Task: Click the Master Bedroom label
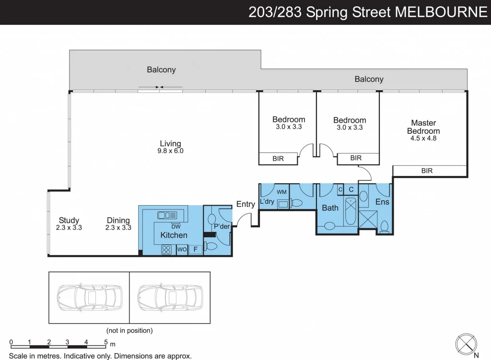point(423,127)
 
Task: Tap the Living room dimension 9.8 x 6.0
point(170,151)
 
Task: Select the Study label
point(69,221)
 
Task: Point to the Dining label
point(118,221)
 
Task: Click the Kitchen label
point(174,235)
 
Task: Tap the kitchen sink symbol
point(167,215)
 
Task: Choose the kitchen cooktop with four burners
point(166,249)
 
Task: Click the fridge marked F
point(195,249)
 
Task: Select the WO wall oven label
point(182,249)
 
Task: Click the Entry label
point(245,204)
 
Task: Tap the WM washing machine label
point(281,192)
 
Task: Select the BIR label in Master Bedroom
point(427,171)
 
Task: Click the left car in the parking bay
point(89,298)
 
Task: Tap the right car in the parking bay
point(169,298)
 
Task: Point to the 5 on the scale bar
point(105,342)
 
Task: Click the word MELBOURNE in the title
point(441,12)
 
